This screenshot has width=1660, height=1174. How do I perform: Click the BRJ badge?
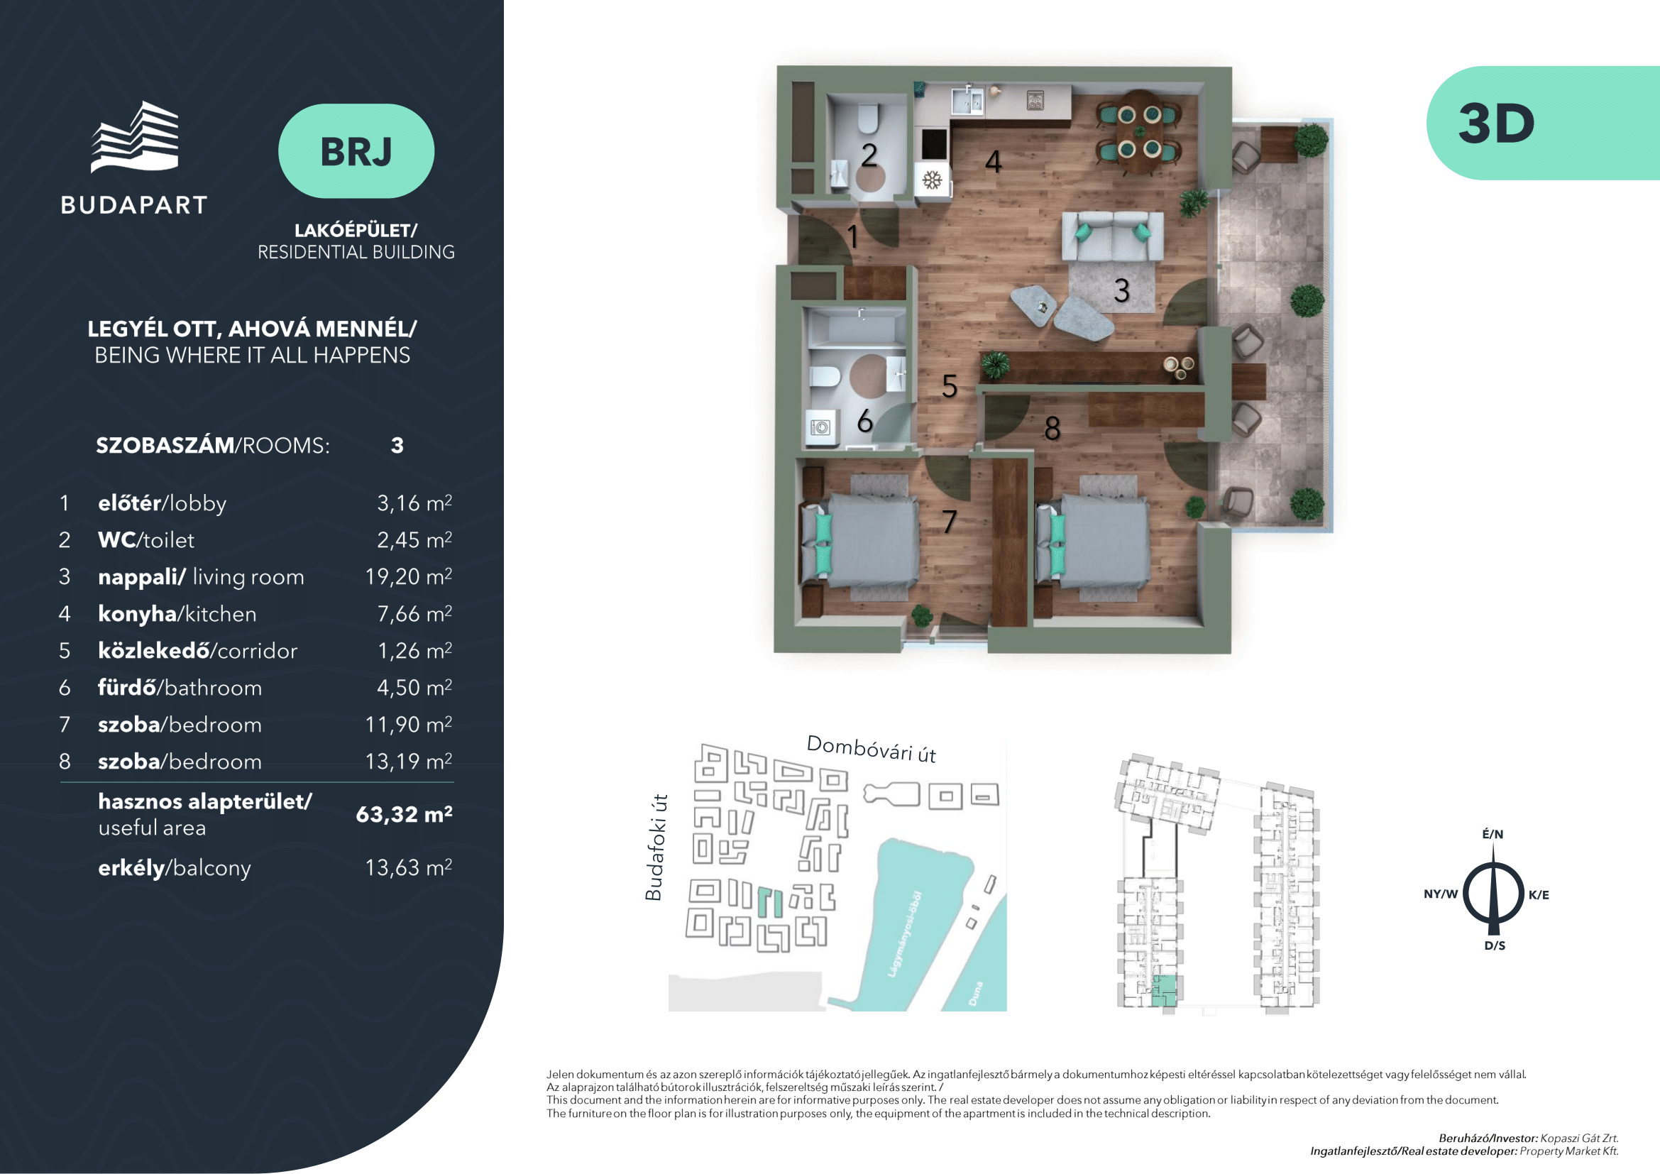click(356, 151)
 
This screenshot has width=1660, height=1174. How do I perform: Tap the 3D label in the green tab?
click(1496, 124)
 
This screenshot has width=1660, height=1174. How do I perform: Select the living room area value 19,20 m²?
click(409, 576)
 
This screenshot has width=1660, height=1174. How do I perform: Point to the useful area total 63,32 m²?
click(404, 815)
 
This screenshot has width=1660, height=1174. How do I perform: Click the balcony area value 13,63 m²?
click(409, 867)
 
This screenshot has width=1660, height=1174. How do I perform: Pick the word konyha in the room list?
click(138, 614)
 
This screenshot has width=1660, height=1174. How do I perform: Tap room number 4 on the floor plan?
click(994, 162)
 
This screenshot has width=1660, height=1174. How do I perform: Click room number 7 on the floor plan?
click(950, 522)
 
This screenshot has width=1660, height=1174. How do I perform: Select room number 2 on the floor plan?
click(869, 155)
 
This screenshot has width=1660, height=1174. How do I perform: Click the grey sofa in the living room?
click(1113, 236)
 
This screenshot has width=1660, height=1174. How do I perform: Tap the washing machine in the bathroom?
click(820, 427)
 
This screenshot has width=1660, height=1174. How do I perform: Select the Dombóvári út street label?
click(872, 750)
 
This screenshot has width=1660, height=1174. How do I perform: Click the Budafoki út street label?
click(655, 847)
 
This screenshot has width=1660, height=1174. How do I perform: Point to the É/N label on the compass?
click(1493, 834)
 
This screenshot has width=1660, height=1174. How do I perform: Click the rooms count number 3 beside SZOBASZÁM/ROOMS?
click(397, 445)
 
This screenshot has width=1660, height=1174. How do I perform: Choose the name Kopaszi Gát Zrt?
click(1579, 1138)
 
